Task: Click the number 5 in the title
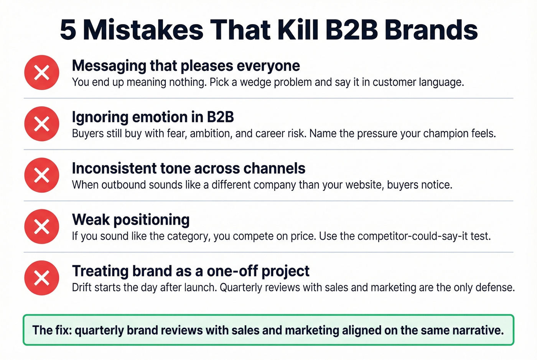pos(68,30)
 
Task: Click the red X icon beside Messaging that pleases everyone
pos(42,72)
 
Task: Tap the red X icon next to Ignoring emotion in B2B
pos(42,124)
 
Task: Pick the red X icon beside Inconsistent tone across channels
pos(42,175)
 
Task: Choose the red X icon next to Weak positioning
pos(42,227)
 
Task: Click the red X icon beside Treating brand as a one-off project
pos(42,278)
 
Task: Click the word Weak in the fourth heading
pos(91,220)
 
